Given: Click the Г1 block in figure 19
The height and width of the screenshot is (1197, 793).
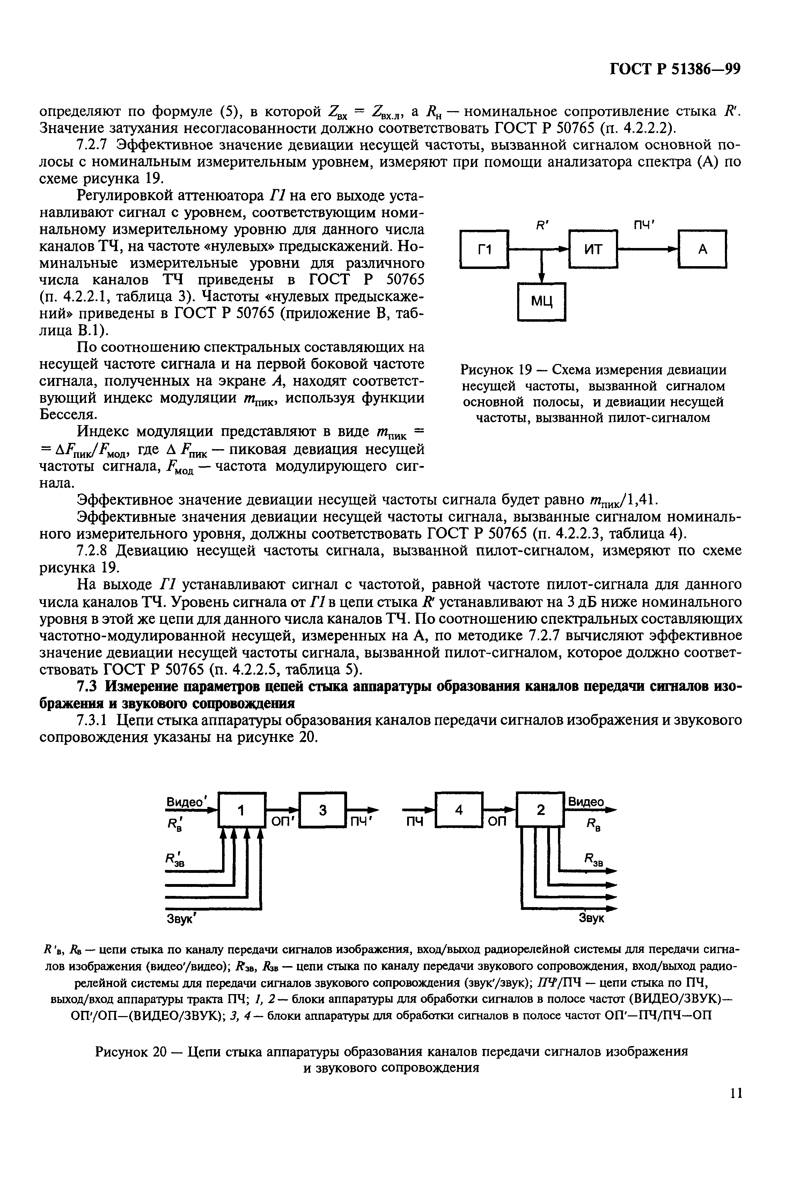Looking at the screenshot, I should tap(485, 249).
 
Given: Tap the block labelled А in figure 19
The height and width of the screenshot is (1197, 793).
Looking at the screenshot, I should tap(703, 249).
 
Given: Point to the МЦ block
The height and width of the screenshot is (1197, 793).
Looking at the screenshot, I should tap(542, 302).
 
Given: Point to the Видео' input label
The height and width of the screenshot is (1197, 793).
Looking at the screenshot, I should tap(188, 802).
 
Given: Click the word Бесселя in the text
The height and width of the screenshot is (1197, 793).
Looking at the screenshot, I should tap(68, 414).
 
